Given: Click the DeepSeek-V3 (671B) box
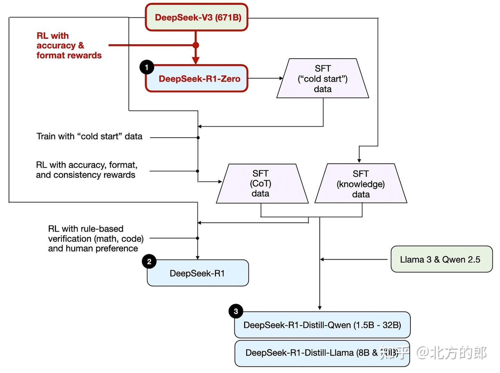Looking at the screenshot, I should [197, 17].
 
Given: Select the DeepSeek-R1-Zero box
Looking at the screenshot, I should [197, 79].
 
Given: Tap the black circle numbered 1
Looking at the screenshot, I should [147, 67].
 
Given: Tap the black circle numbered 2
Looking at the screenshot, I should [149, 262].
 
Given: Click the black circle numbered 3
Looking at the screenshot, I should [236, 311].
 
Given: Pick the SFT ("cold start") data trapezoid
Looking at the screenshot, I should [323, 79].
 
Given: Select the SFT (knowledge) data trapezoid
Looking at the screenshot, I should [361, 184].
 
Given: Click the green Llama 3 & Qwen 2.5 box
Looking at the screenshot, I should [441, 260].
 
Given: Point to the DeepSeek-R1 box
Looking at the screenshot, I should [198, 273].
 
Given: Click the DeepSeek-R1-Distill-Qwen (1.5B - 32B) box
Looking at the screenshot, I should [322, 325].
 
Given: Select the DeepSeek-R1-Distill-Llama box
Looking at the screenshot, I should [312, 353].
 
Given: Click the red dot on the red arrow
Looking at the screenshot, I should [196, 45].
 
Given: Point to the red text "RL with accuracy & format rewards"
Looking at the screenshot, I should [69, 45].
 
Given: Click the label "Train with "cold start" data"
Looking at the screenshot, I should [89, 136].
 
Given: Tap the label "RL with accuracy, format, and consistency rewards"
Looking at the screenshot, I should [86, 170].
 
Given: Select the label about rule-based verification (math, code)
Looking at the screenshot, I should [95, 239].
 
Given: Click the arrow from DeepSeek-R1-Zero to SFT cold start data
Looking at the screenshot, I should [265, 78].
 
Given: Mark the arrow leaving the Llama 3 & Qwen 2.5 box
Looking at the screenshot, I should [354, 259].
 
